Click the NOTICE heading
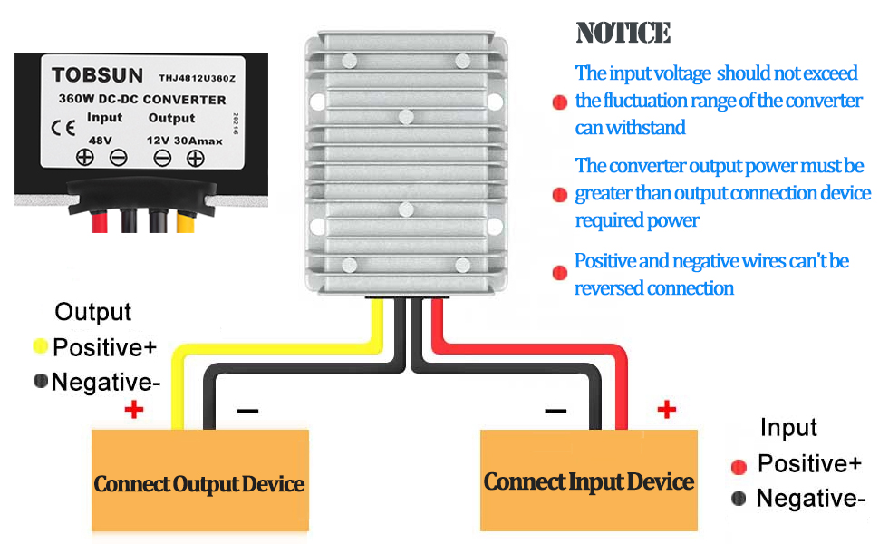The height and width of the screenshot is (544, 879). click(x=623, y=34)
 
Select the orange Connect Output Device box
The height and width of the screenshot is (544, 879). click(x=199, y=481)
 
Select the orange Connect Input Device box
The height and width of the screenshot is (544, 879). click(x=588, y=481)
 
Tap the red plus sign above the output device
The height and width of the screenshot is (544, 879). click(x=134, y=410)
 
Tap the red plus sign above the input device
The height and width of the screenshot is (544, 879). click(x=666, y=410)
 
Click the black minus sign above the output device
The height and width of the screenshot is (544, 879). click(x=246, y=411)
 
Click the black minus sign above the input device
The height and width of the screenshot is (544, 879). click(x=555, y=411)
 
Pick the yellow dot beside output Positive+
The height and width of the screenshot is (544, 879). click(x=41, y=345)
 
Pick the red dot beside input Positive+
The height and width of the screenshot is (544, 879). click(x=739, y=466)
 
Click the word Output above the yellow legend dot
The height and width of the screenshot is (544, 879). click(x=92, y=313)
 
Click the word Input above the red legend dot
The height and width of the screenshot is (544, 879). click(x=788, y=428)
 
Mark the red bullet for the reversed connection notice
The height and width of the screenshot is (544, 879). click(x=559, y=273)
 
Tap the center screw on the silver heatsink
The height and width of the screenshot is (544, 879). click(x=407, y=116)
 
